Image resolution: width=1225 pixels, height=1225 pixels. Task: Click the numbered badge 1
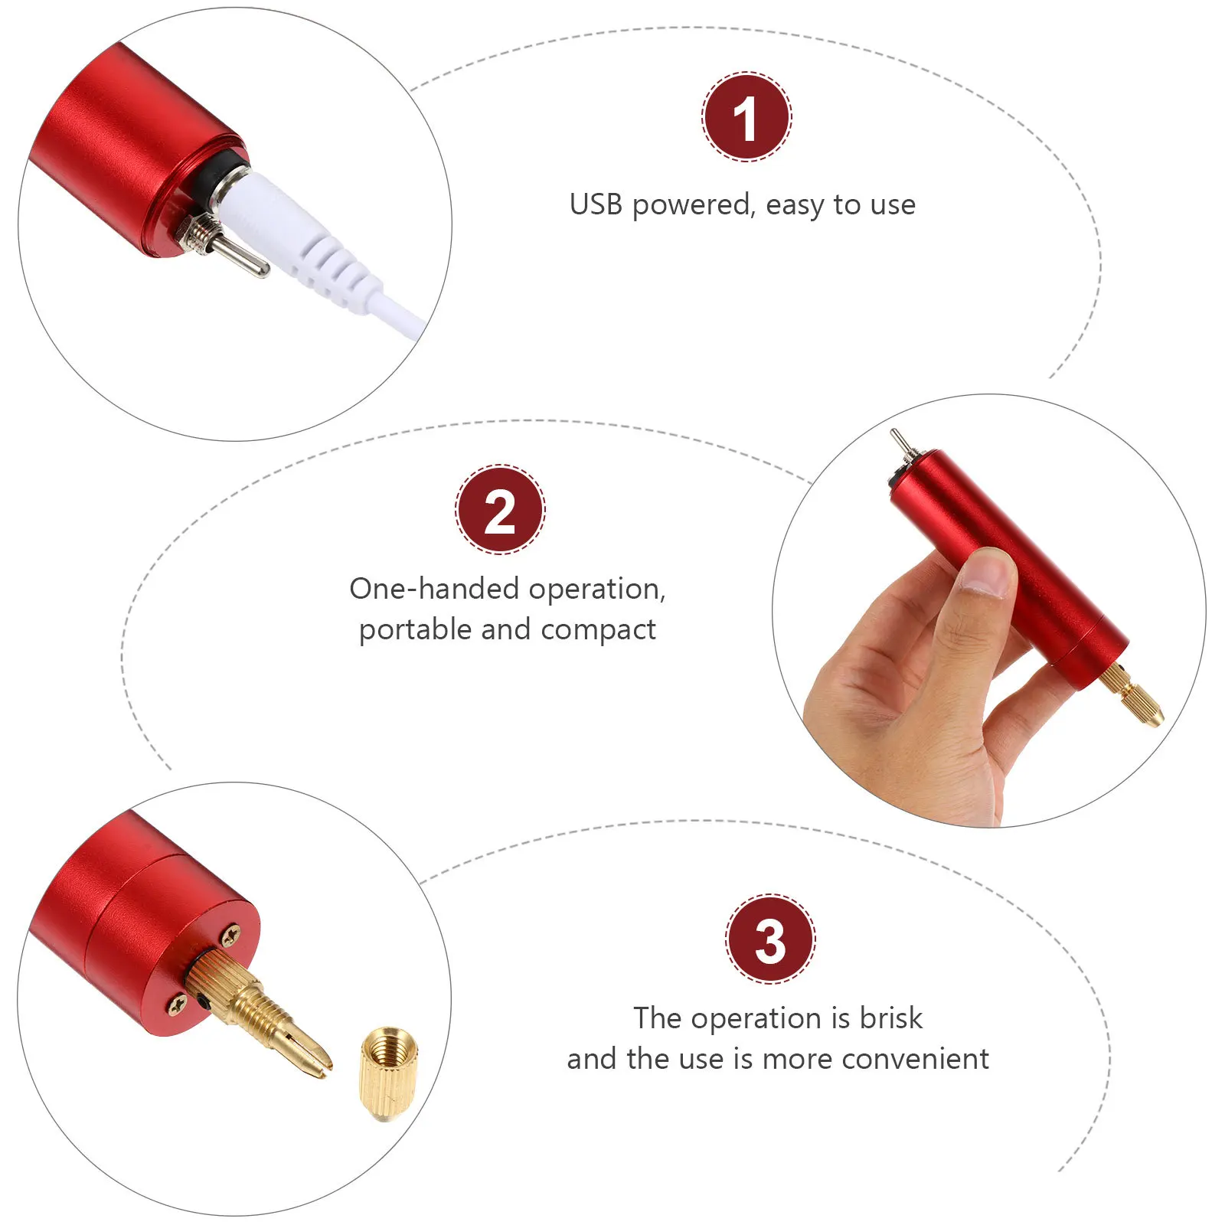point(746,117)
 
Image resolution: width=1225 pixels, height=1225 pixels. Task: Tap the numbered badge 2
point(500,510)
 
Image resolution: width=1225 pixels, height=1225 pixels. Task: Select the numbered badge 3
point(770,939)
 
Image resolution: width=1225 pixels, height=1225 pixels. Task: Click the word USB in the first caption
point(596,205)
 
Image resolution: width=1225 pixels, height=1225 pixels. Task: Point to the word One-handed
point(435,589)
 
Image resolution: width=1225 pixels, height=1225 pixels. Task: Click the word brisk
point(890,1018)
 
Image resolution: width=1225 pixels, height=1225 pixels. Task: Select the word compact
point(598,630)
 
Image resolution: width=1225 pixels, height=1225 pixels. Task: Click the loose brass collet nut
point(388,1073)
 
